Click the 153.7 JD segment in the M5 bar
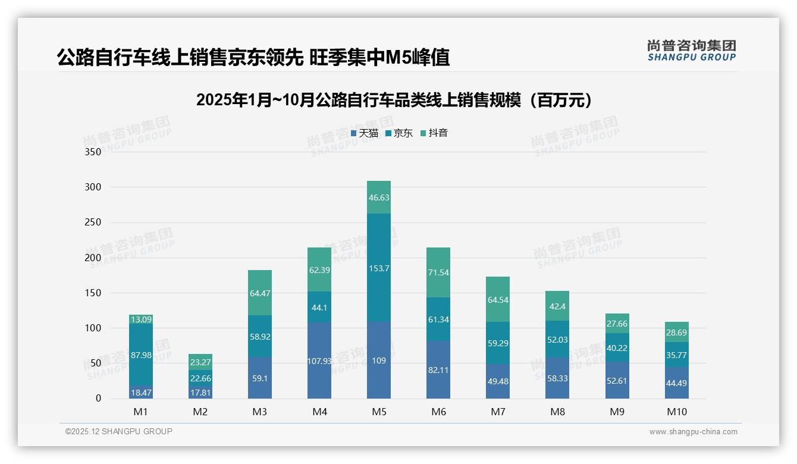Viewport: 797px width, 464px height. point(379,268)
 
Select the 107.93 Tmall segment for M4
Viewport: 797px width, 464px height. point(319,360)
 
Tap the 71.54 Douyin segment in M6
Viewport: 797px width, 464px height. point(438,272)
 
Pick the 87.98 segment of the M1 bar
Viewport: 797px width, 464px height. point(141,356)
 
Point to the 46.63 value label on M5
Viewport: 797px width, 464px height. point(379,197)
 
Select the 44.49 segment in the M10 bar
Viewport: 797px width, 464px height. point(676,383)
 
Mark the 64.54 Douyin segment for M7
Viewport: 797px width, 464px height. point(498,300)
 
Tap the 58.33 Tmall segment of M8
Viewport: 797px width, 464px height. point(557,378)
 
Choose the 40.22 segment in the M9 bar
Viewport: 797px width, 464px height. point(617,348)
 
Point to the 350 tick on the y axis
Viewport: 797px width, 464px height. point(94,152)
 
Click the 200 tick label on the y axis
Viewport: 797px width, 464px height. point(94,258)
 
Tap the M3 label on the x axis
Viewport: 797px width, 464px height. point(260,412)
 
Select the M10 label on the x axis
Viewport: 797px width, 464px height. point(676,412)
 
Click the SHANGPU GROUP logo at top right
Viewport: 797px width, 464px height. point(691,51)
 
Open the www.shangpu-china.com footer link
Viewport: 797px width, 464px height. point(693,432)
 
